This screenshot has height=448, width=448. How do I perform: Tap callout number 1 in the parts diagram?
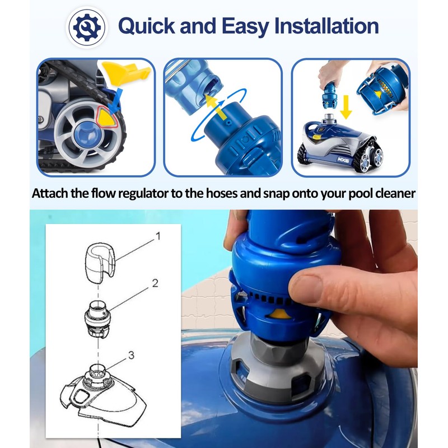pyautogui.click(x=157, y=236)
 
